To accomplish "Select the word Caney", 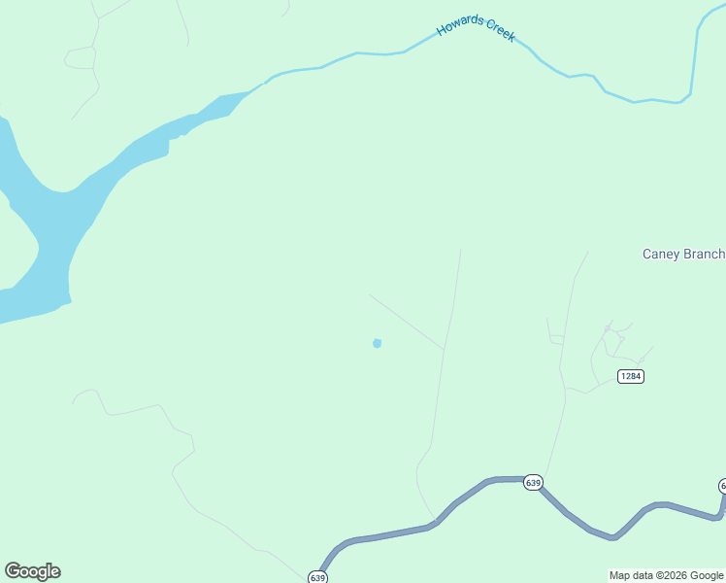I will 662,255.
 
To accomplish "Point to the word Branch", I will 704,255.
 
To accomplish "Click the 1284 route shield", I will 631,376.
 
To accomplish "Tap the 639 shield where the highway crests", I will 533,482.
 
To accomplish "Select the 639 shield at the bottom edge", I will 318,577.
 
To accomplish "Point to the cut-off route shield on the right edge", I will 722,485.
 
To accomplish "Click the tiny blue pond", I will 377,343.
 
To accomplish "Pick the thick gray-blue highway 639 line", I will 388,534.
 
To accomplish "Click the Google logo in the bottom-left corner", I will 32,571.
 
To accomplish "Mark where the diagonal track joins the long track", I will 445,349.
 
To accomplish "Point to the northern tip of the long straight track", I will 461,250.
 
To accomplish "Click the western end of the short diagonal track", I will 369,294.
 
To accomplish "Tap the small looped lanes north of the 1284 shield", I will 613,340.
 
